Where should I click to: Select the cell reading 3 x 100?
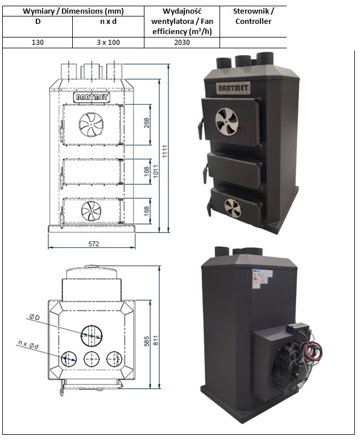[x=108, y=42]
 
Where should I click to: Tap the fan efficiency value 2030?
[x=181, y=42]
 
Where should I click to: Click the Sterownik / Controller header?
[x=253, y=16]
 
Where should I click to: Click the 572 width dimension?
[x=93, y=243]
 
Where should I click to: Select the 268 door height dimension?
[x=147, y=123]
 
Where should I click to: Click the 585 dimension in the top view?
[x=147, y=341]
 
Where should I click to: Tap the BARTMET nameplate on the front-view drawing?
[x=92, y=97]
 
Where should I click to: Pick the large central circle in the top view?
[x=91, y=335]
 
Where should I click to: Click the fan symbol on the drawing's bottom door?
[x=90, y=211]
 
